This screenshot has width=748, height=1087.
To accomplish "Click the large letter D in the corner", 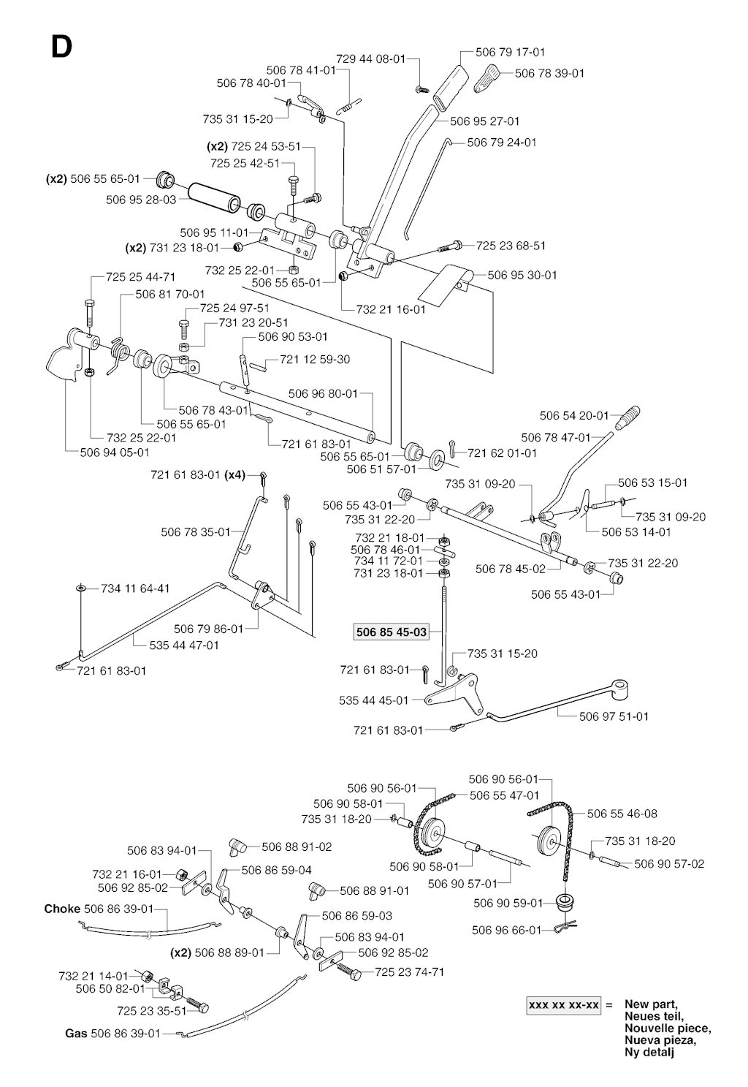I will (x=61, y=48).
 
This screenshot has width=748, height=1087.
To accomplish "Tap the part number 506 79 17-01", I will (x=510, y=52).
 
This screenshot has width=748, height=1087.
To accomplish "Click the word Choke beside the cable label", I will (x=62, y=909).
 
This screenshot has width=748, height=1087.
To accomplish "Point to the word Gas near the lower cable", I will (x=76, y=1033).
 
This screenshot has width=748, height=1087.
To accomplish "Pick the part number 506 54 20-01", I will (x=574, y=415).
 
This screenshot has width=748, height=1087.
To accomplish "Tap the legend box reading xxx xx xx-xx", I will (x=564, y=1005).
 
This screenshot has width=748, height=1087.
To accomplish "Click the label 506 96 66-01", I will (x=507, y=930).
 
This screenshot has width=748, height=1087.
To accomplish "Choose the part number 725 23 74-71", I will (x=409, y=972).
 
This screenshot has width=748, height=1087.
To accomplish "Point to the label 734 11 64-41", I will (x=135, y=588).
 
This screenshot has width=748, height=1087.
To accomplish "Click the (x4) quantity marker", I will (x=234, y=474).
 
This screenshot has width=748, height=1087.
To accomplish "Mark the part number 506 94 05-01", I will (x=115, y=452).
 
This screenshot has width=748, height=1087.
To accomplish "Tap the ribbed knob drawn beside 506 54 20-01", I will (x=627, y=417).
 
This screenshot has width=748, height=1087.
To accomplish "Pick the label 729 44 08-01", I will (x=370, y=58).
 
